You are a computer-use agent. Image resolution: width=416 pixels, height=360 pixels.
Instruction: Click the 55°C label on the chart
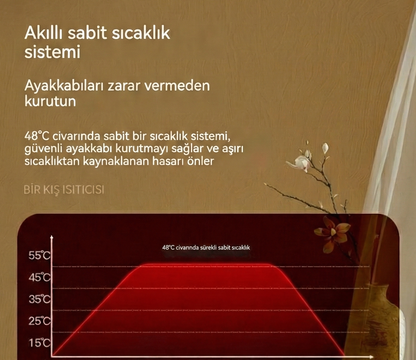[x=39, y=255]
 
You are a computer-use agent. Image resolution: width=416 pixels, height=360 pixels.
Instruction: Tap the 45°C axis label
[x=39, y=277]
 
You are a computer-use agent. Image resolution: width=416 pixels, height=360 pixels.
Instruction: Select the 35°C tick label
[x=39, y=299]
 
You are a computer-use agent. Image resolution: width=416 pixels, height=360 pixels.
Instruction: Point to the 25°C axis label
[x=39, y=321]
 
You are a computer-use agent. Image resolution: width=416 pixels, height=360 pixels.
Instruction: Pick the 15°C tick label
[x=39, y=343]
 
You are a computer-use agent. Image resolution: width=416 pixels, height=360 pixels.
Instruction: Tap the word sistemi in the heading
[x=51, y=52]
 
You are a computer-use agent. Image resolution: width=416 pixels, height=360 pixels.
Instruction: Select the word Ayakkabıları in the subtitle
[x=68, y=85]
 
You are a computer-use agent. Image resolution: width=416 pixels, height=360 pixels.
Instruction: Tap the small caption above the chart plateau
[x=205, y=246]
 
